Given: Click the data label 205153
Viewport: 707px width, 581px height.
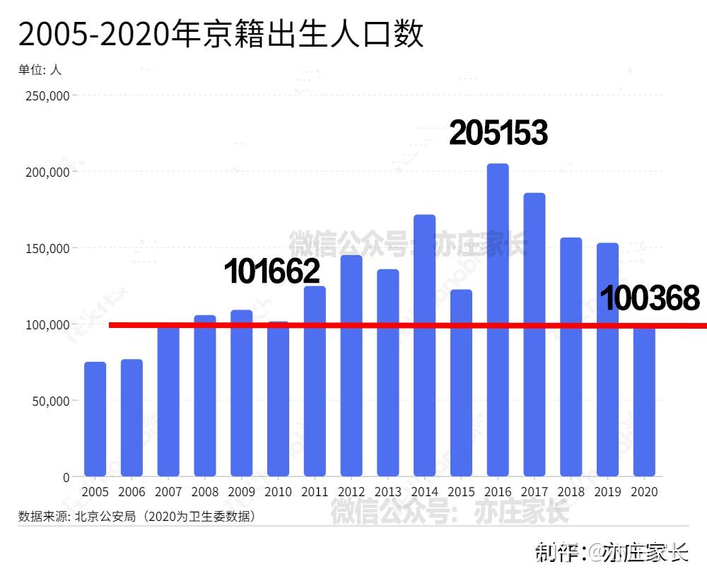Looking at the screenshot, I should (x=498, y=133).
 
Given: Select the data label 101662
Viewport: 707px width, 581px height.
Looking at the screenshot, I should (x=272, y=271).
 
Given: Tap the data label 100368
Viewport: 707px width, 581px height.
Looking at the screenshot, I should (x=650, y=298).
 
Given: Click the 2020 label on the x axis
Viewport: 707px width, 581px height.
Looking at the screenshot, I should (x=644, y=491).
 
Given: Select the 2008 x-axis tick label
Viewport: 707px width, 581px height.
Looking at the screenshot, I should (x=205, y=491).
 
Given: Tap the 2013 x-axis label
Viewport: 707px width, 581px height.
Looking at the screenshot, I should (x=388, y=491).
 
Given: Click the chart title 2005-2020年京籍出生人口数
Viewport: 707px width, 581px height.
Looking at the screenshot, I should (x=221, y=33).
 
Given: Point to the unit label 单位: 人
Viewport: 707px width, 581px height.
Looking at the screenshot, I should (x=40, y=70).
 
